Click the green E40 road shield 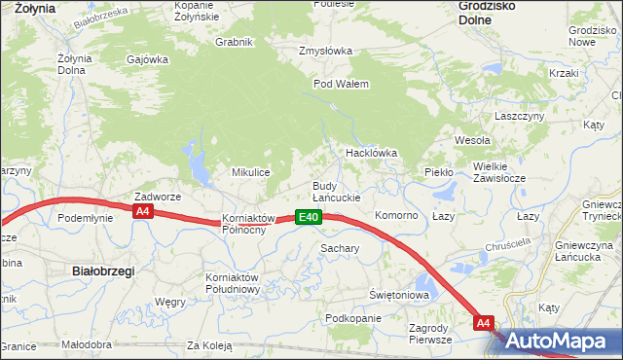(x=309, y=217)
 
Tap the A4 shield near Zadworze (x=142, y=210)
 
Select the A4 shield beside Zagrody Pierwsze (x=485, y=322)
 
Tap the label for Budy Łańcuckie (x=336, y=192)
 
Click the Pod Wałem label (x=341, y=84)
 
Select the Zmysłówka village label (x=326, y=51)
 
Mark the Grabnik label (x=234, y=41)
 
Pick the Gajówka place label (x=147, y=58)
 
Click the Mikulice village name (x=250, y=172)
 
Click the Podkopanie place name (x=353, y=318)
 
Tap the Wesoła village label (x=472, y=140)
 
